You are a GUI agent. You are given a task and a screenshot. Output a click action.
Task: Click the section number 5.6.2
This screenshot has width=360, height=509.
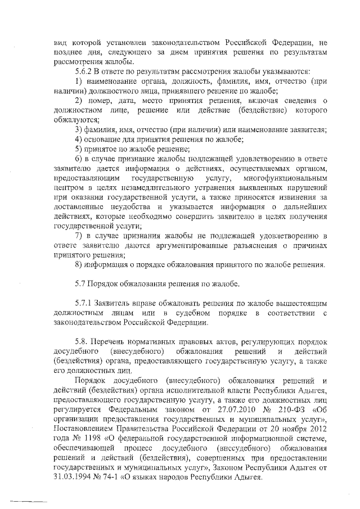click(x=84, y=73)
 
